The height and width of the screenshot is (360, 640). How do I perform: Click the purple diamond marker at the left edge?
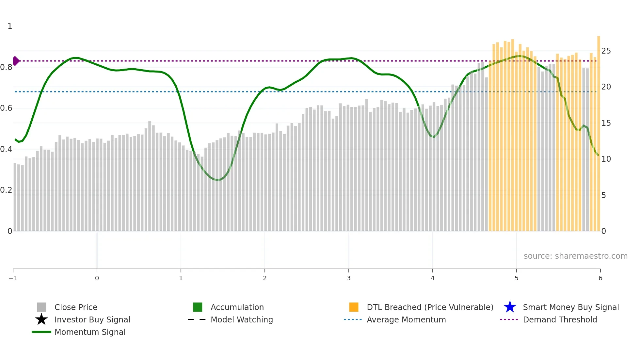[x=16, y=61]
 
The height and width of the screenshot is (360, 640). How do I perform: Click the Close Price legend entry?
[x=75, y=307]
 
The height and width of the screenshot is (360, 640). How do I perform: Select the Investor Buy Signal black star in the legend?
[x=41, y=319]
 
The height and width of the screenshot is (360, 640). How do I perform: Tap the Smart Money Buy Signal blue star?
[x=510, y=307]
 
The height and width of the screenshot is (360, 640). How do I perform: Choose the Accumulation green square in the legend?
[x=198, y=307]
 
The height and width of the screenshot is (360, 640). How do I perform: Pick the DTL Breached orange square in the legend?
[x=354, y=307]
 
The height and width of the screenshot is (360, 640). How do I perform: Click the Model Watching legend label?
[x=242, y=319]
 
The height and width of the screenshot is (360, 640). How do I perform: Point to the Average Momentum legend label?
[x=406, y=319]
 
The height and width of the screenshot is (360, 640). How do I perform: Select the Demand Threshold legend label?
[x=560, y=319]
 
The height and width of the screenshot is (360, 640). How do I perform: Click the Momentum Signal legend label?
[x=90, y=332]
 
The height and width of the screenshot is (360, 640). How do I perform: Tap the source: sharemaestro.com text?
[x=575, y=256]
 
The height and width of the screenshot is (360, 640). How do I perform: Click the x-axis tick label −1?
[x=13, y=278]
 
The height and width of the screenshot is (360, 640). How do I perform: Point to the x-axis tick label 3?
[x=349, y=278]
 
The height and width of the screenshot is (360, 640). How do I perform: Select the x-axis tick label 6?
[x=600, y=278]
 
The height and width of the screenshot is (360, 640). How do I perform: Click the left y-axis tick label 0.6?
[x=6, y=108]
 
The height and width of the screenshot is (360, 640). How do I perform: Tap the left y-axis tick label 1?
[x=10, y=26]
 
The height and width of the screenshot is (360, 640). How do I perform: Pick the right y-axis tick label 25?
[x=606, y=51]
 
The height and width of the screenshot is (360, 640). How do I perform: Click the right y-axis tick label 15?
[x=606, y=123]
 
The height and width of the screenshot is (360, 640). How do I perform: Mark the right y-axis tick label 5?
[x=603, y=195]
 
